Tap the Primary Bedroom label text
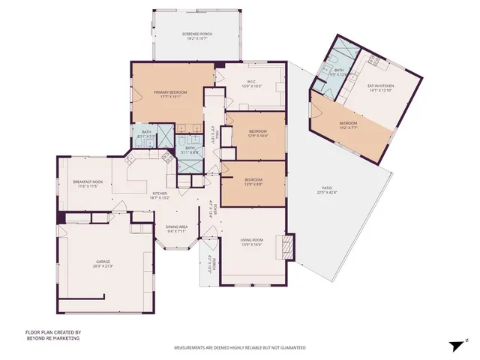[x=170, y=94]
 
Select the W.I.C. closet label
[x=250, y=84]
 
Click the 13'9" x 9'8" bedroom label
[x=253, y=182]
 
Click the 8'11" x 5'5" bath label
[x=147, y=135]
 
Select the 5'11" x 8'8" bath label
[x=190, y=150]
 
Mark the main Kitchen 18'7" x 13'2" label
[x=161, y=196]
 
